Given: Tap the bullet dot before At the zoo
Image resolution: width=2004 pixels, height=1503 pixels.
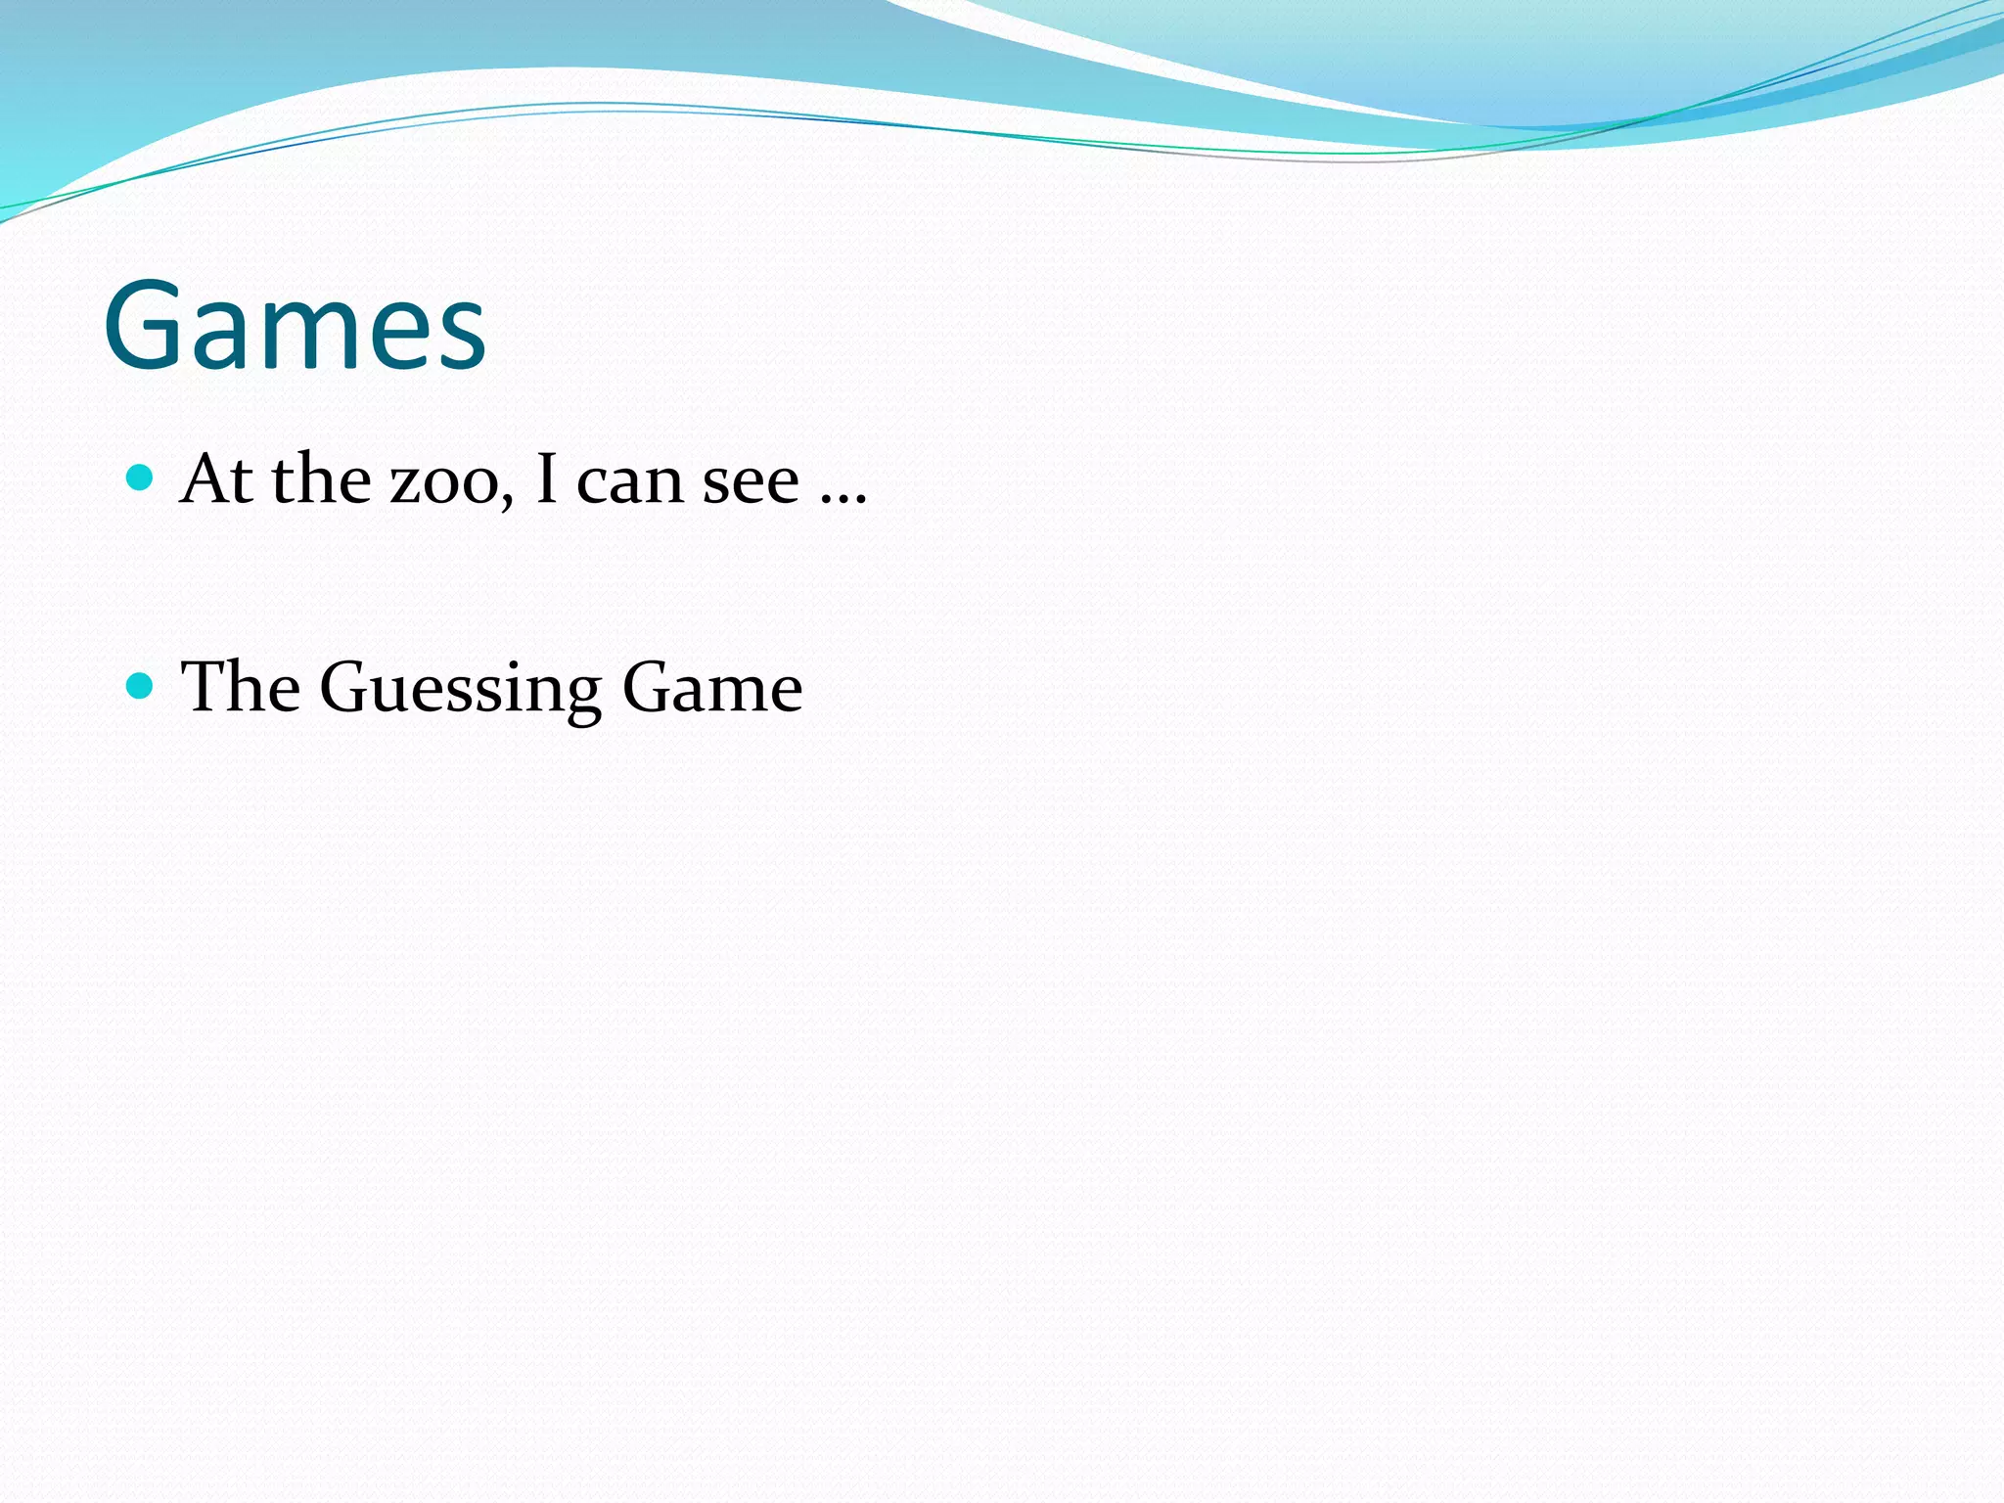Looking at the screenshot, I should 141,478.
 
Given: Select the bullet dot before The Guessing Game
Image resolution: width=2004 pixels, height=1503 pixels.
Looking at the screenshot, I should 141,685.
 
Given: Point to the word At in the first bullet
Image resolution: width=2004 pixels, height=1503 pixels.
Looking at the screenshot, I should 215,479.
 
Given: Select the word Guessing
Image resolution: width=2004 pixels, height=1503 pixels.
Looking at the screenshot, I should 460,689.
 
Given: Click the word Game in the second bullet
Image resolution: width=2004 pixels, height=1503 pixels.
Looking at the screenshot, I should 712,687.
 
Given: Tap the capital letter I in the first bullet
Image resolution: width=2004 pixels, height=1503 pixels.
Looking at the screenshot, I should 546,479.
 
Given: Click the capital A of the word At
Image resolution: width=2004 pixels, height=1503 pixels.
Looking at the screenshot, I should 205,479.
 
